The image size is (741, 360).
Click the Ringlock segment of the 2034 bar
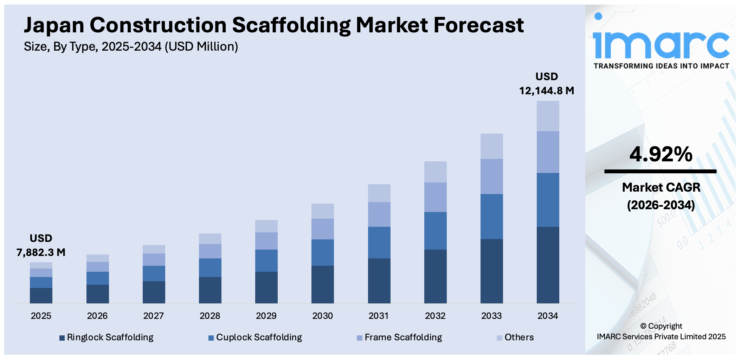(x=548, y=265)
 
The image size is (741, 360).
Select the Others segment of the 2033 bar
(x=491, y=146)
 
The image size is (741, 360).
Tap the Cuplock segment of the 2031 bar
(x=379, y=243)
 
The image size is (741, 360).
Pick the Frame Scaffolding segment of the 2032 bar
(x=435, y=197)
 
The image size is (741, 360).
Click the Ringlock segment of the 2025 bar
(x=41, y=295)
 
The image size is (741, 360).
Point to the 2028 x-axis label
(x=210, y=316)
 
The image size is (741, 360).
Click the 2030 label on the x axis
(x=322, y=316)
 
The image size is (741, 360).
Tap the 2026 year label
(x=97, y=316)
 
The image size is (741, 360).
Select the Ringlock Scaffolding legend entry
(x=107, y=337)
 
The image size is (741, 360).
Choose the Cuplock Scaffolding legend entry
(x=255, y=337)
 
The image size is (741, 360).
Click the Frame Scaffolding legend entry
(x=400, y=337)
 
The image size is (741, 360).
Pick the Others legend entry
(x=515, y=337)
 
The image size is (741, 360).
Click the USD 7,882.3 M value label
(x=41, y=245)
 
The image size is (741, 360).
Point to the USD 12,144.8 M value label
(x=547, y=84)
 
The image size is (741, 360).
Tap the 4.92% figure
(x=661, y=154)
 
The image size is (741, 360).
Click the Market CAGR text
(x=661, y=187)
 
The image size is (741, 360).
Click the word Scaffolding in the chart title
(x=291, y=25)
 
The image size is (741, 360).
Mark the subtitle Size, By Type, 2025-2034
(x=131, y=46)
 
